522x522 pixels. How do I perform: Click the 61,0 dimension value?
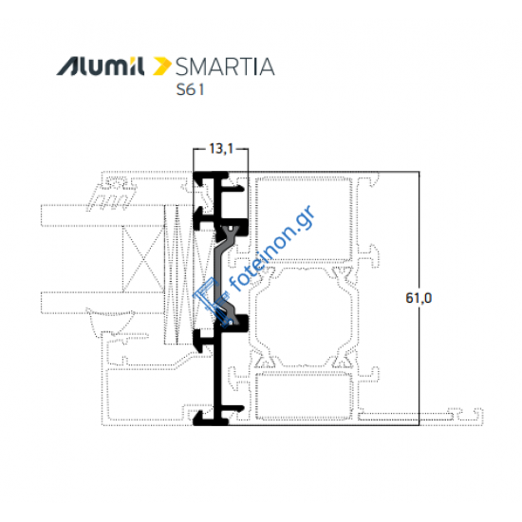[x=418, y=298]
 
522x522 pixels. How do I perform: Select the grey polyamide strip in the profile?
[x=226, y=275]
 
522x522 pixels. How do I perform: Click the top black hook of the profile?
[x=211, y=180]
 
